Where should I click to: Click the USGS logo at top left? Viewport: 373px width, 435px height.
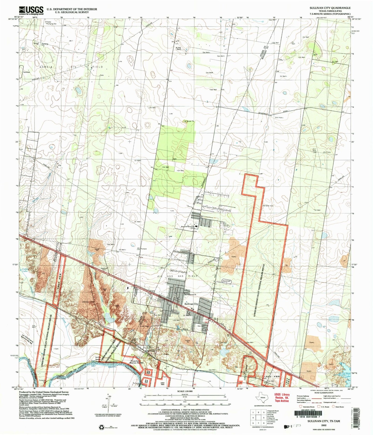31,10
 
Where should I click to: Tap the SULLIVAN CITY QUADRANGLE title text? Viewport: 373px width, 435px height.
330,8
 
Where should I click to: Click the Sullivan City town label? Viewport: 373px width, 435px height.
191,304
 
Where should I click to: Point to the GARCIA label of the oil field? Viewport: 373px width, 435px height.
46,67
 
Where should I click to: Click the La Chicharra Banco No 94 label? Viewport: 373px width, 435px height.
27,339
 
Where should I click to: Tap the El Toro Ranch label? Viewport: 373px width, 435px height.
179,49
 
